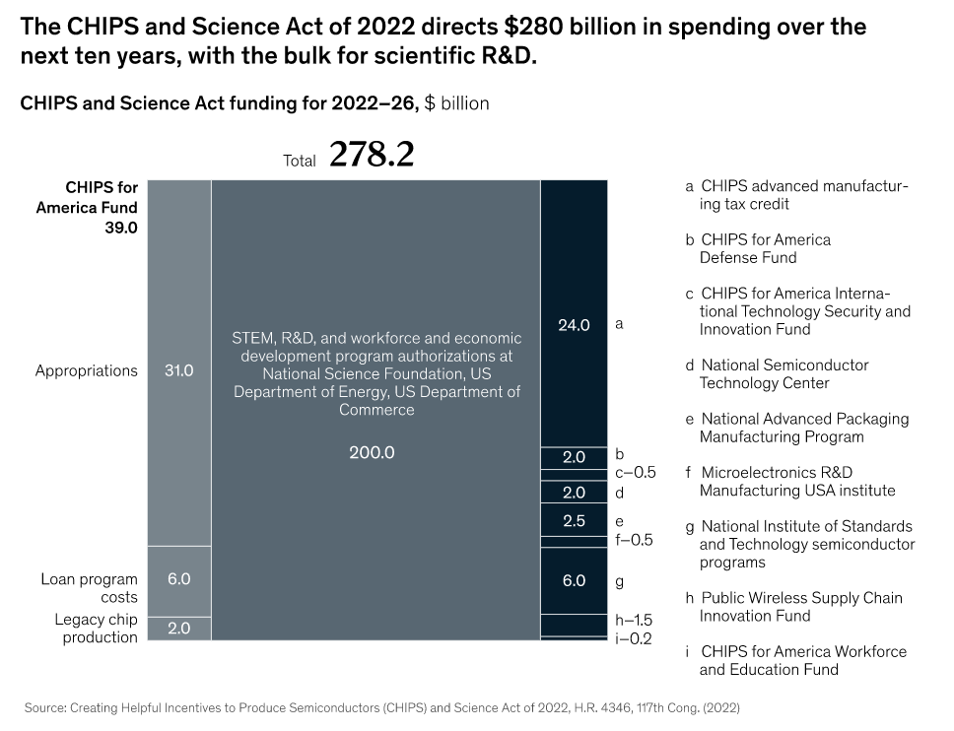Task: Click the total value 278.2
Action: click(x=371, y=155)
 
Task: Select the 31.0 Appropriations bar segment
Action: click(x=178, y=370)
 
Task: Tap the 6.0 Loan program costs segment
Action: click(x=178, y=580)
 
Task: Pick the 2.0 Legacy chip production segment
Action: click(x=178, y=628)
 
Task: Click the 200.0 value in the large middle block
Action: click(x=372, y=452)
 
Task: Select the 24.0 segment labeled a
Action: click(x=574, y=324)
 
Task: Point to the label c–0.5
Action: click(x=635, y=473)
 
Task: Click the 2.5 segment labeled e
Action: click(x=574, y=520)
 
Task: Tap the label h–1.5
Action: click(x=634, y=621)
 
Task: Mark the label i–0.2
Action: click(x=634, y=638)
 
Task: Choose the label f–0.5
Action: click(x=634, y=540)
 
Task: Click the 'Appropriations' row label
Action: click(x=87, y=370)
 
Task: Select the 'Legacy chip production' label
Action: click(x=96, y=628)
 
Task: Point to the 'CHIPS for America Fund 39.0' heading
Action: click(x=89, y=207)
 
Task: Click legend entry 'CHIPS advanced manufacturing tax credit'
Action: click(x=798, y=195)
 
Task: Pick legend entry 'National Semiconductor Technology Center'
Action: click(x=779, y=374)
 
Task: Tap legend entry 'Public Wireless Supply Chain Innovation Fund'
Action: click(x=795, y=607)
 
